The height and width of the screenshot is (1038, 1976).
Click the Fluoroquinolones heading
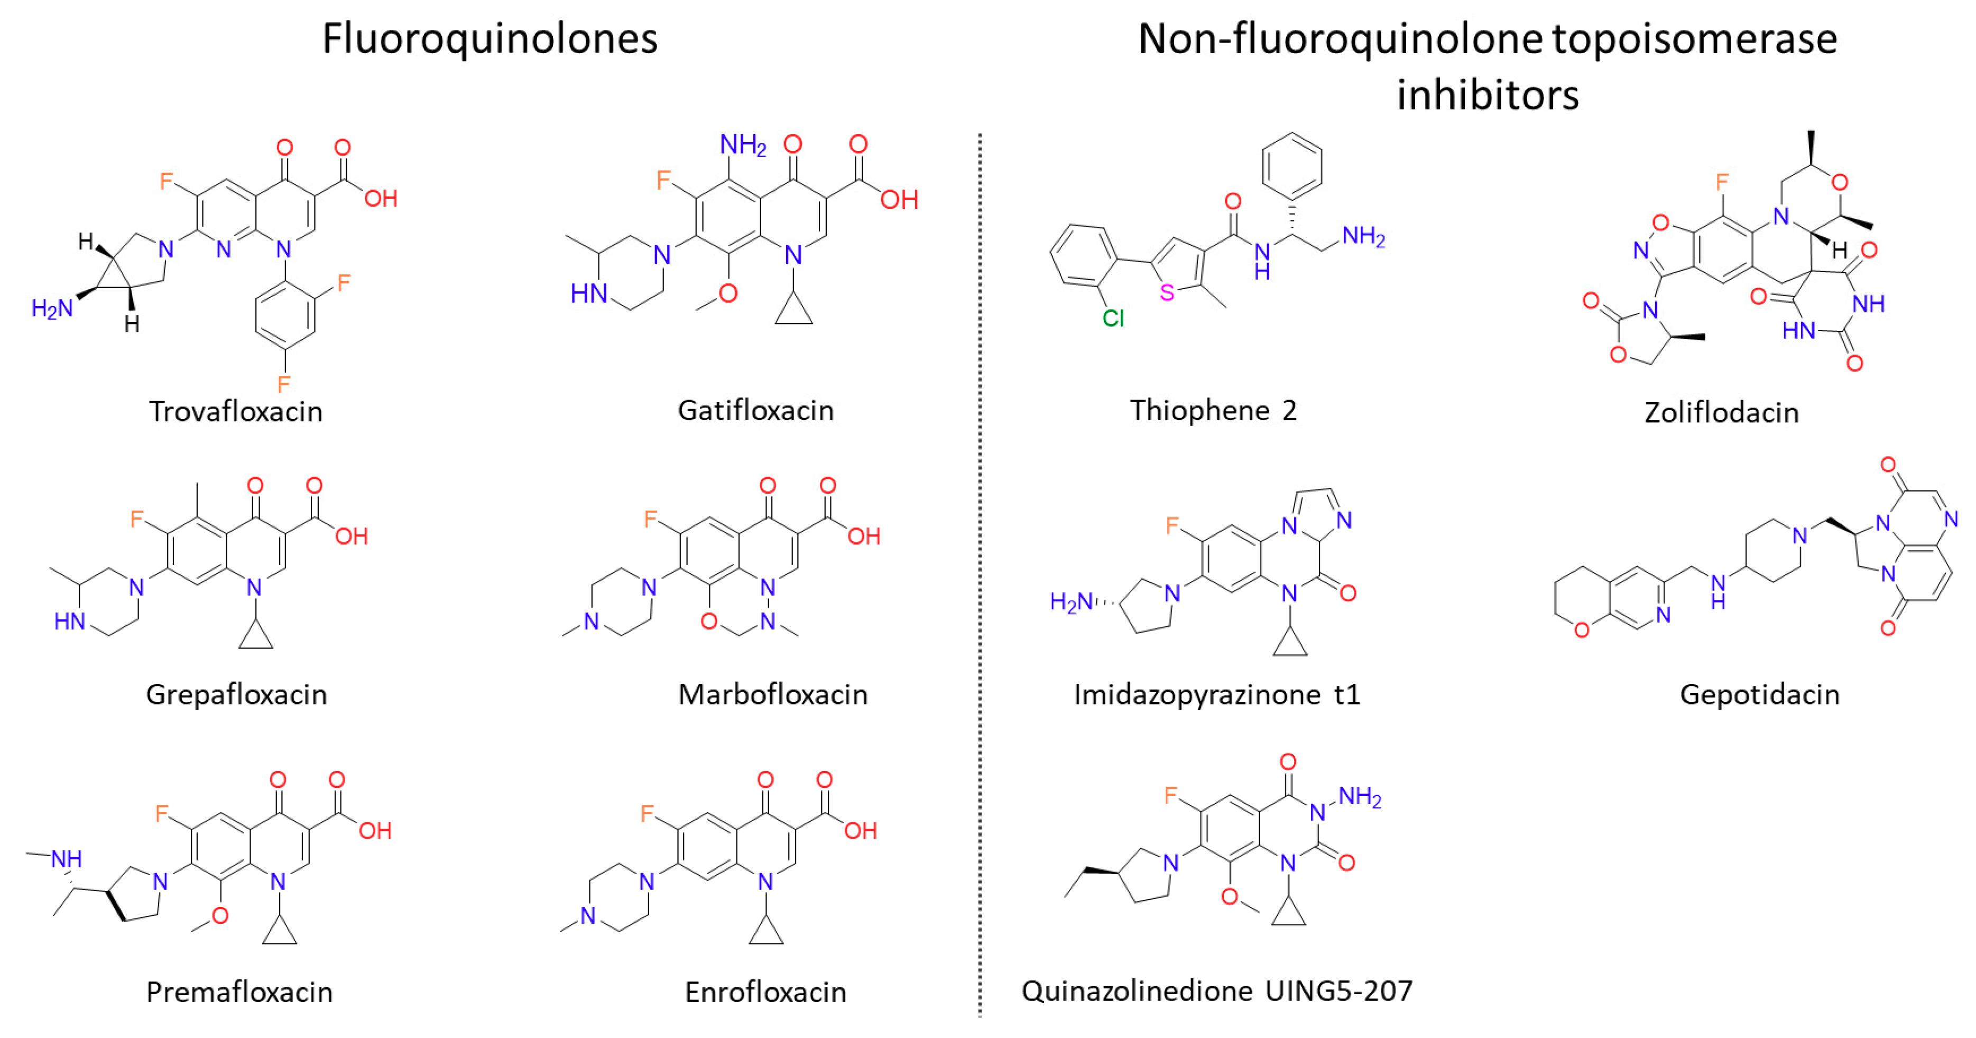[x=490, y=39]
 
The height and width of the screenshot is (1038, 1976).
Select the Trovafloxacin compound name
[x=235, y=412]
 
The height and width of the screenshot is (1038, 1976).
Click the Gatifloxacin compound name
[x=755, y=411]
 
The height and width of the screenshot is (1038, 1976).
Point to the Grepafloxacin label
[x=236, y=694]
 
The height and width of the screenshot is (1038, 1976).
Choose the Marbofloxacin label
[x=772, y=694]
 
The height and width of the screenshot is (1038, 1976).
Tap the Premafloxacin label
[x=239, y=992]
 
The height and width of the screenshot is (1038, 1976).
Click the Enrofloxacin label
[x=765, y=992]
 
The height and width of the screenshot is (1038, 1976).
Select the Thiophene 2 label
[x=1213, y=411]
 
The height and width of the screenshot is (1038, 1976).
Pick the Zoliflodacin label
[x=1721, y=413]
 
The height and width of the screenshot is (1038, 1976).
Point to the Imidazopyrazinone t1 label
[x=1216, y=694]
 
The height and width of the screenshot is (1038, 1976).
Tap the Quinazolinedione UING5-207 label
[x=1216, y=991]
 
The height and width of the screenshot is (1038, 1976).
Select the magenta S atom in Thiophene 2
[x=1167, y=292]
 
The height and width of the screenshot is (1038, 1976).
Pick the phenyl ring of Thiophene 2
[x=1292, y=166]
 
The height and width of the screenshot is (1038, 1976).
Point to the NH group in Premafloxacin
[x=66, y=859]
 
